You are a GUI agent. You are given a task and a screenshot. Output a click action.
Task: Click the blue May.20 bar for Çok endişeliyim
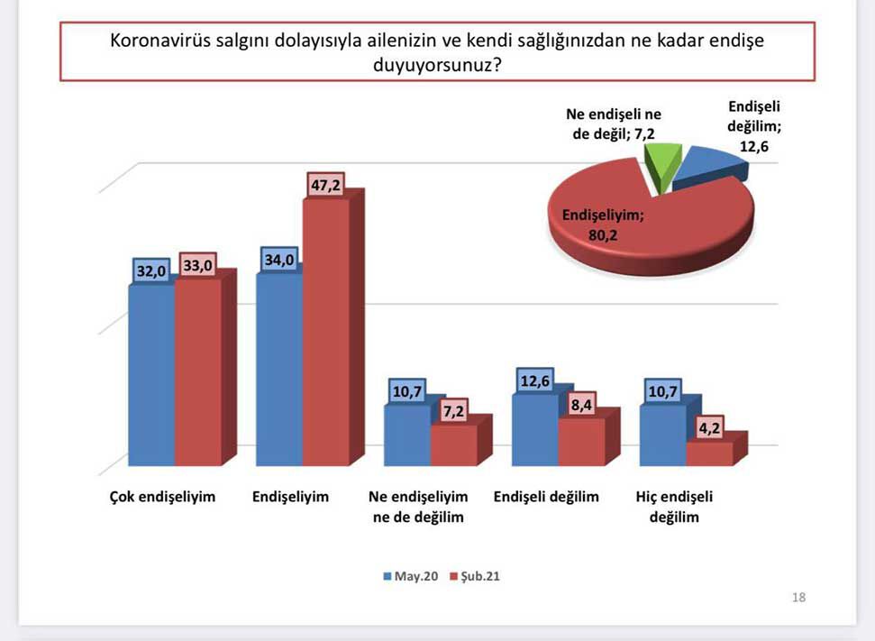click(151, 374)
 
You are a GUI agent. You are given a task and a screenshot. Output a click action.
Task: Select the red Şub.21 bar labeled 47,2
click(325, 334)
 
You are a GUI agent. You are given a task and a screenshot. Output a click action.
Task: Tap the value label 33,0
click(198, 266)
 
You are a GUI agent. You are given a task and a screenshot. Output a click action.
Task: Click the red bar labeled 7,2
click(453, 445)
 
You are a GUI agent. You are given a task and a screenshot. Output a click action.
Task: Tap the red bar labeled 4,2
click(709, 453)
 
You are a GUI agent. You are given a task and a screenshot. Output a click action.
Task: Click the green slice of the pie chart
click(661, 167)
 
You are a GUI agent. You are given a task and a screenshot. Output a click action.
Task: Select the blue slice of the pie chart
click(711, 168)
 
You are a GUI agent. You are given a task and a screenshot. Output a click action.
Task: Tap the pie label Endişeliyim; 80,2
click(605, 226)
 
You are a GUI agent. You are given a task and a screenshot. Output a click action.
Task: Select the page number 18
click(798, 597)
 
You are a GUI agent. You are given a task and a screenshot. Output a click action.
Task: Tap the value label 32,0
click(151, 270)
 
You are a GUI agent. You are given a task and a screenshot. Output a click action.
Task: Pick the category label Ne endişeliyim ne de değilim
click(419, 507)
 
